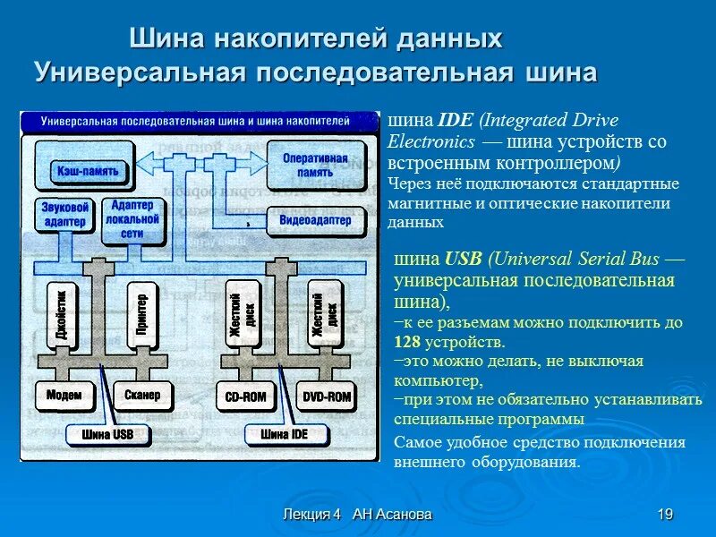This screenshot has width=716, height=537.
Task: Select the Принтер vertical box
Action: (x=141, y=314)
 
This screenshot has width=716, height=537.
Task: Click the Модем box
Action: (x=64, y=395)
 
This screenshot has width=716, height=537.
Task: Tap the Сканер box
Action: (x=142, y=395)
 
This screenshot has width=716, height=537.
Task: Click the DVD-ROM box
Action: (x=326, y=396)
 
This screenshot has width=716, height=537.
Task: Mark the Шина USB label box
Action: (x=107, y=435)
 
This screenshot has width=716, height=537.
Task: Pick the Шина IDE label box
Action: (x=286, y=435)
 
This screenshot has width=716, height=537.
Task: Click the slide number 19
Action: (x=664, y=514)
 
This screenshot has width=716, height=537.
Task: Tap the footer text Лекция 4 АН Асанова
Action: (x=356, y=514)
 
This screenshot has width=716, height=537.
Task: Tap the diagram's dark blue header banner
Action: (x=197, y=119)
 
